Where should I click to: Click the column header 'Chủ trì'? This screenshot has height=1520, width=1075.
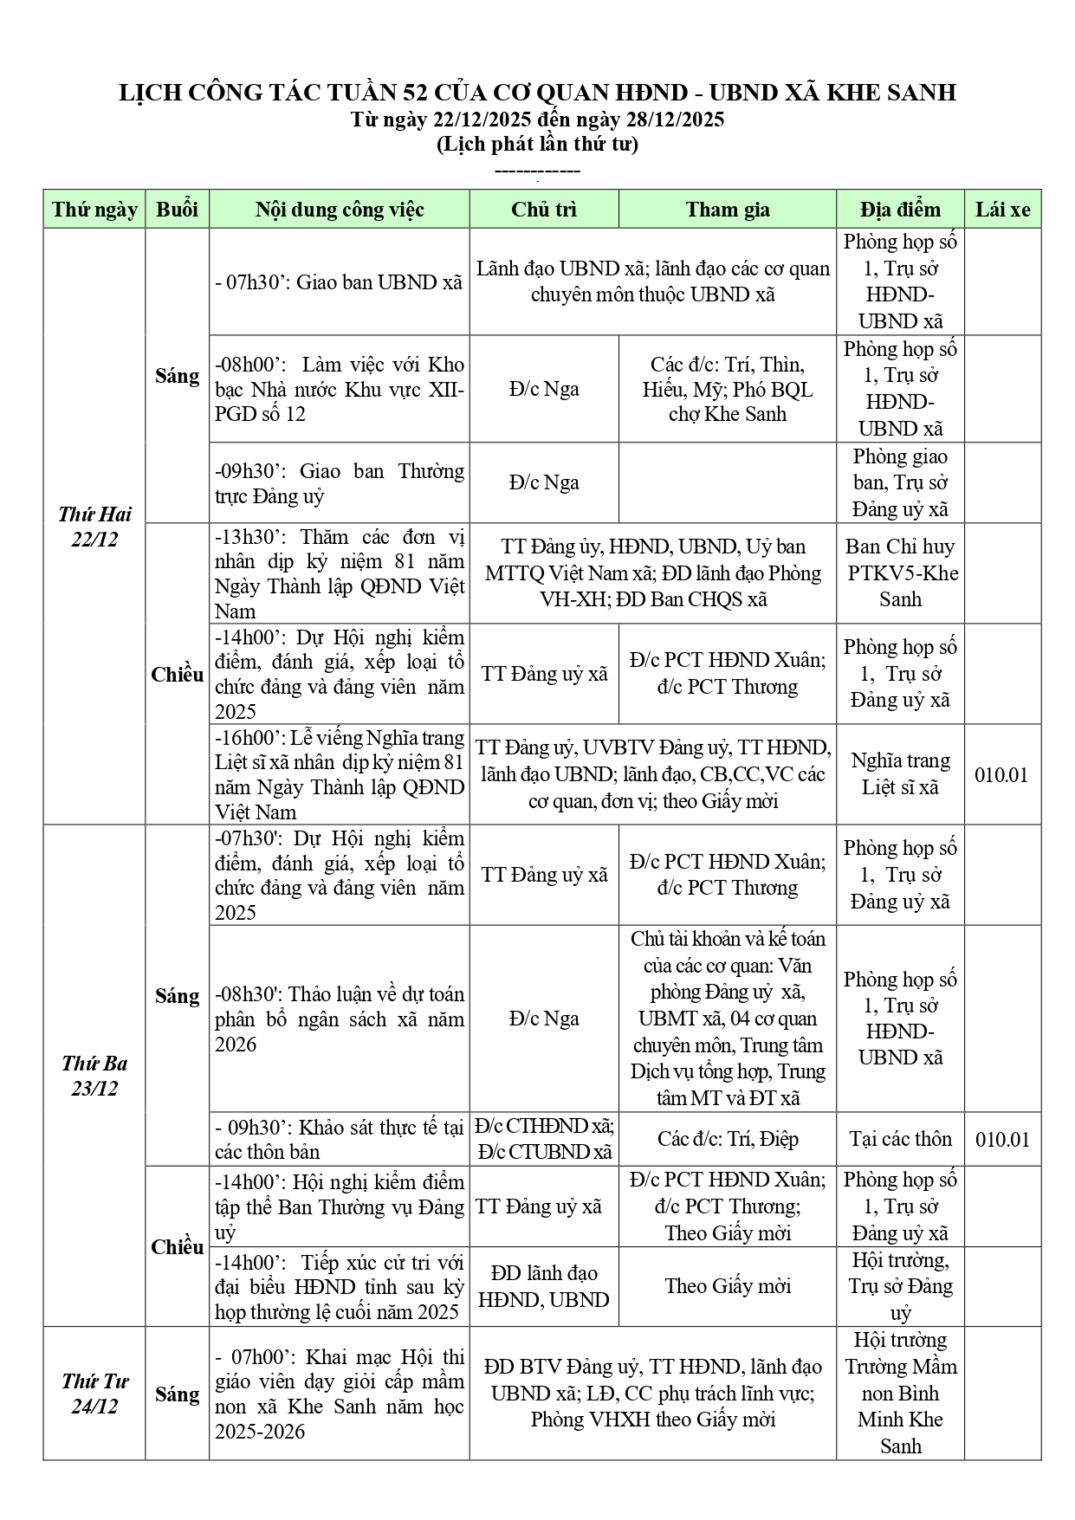[x=544, y=210]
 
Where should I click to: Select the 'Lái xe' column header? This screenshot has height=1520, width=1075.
[x=1002, y=210]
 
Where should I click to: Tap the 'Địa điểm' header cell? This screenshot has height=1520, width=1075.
[x=900, y=210]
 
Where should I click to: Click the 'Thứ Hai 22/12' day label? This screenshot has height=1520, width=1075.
[x=94, y=527]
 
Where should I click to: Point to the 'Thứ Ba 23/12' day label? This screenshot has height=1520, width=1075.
[x=94, y=1076]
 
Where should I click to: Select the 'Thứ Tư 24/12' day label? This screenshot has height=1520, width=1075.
[x=94, y=1394]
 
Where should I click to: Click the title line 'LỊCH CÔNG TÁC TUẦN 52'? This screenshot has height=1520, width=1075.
[x=537, y=93]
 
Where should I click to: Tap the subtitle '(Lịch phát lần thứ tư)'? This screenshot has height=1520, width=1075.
[x=537, y=144]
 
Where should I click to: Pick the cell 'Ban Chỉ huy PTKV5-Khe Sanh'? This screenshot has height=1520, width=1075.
[x=900, y=573]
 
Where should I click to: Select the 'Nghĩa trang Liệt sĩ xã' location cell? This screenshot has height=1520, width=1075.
[x=900, y=773]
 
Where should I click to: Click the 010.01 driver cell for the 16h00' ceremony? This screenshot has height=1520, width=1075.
[x=1002, y=774]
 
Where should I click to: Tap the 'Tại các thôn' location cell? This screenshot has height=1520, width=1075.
[x=900, y=1139]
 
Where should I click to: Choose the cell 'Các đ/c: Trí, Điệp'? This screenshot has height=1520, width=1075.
[x=728, y=1139]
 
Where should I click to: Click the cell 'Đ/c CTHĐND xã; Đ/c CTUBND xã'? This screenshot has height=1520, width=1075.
[x=544, y=1139]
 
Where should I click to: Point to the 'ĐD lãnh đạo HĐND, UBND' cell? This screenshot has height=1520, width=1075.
[x=544, y=1286]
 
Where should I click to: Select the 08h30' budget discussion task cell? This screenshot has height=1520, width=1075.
[x=339, y=1019]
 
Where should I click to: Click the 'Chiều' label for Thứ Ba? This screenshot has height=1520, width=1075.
[x=177, y=1247]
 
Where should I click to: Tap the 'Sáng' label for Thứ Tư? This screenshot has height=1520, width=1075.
[x=177, y=1394]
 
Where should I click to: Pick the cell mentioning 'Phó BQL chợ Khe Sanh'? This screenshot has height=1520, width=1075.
[x=728, y=389]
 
